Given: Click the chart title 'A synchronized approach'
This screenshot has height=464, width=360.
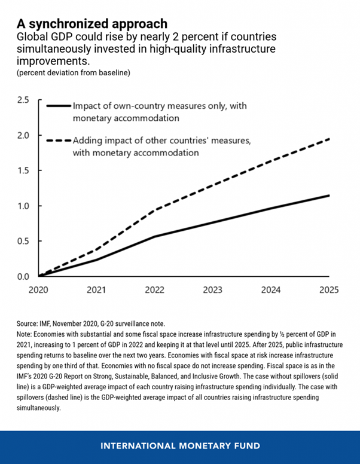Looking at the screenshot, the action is tap(92, 23).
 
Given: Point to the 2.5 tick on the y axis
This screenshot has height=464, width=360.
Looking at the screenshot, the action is tap(23, 100).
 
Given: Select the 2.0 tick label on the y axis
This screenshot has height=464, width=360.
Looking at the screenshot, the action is tap(23, 135).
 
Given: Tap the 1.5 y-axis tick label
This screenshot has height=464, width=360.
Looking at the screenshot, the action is tap(23, 170).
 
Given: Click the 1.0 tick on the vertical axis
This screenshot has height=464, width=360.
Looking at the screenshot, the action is tap(23, 206).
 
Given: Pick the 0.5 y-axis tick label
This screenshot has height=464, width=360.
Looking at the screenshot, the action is tap(23, 241).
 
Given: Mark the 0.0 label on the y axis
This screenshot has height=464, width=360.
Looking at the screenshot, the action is tap(23, 277).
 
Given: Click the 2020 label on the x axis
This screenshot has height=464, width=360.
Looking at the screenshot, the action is tap(38, 290).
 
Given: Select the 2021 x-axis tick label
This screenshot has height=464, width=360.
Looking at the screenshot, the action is tap(96, 290).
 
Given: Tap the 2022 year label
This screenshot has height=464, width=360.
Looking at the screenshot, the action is tap(154, 290).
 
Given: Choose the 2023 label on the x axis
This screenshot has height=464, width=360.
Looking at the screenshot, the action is tap(212, 290).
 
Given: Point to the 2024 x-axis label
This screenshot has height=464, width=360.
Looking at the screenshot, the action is tap(271, 290).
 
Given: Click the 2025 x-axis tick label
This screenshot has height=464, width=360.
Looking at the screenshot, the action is tap(329, 290).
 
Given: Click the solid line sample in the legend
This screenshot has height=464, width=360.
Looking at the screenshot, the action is tap(59, 106).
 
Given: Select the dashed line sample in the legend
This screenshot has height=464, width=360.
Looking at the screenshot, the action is tap(59, 141).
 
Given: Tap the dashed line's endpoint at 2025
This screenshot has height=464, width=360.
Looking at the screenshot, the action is tap(329, 139).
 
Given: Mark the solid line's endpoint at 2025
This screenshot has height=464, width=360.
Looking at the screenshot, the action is tap(329, 196).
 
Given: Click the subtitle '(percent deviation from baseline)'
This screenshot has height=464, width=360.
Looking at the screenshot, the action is tap(74, 73).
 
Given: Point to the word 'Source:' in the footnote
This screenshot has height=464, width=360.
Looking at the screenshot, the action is tap(27, 323).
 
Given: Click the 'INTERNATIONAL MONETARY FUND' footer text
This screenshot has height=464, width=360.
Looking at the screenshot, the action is tap(180, 445).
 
